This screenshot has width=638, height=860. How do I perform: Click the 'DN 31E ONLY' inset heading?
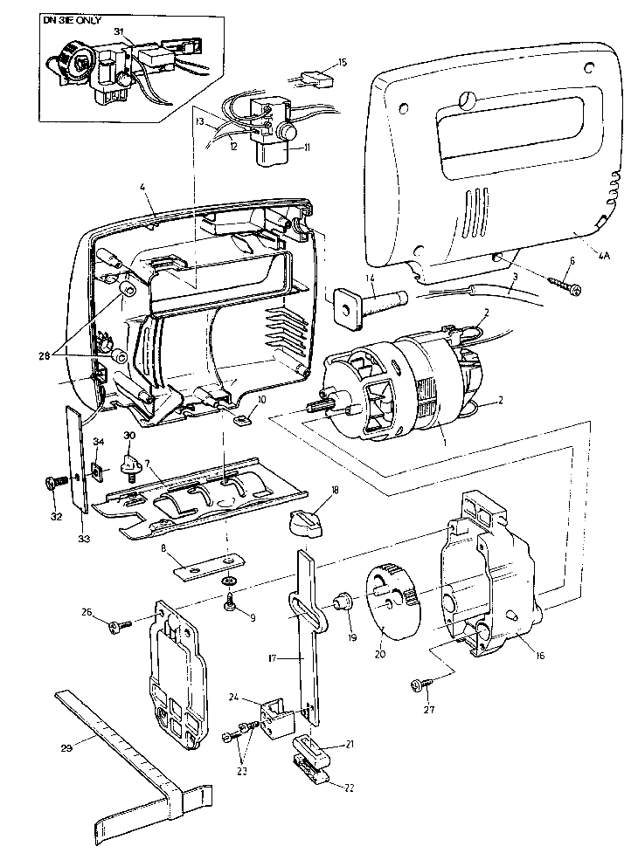coord(81,18)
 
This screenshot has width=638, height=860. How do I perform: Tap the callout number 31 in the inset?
coord(118,31)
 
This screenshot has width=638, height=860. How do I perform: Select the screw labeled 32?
coord(54,481)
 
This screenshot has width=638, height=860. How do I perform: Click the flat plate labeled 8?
coord(205,567)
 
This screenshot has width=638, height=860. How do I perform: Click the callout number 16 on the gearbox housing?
coord(541,654)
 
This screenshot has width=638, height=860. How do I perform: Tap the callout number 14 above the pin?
coord(371,279)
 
